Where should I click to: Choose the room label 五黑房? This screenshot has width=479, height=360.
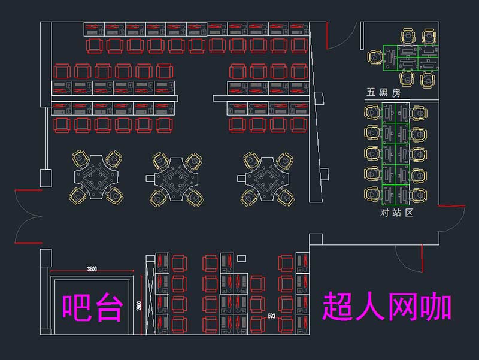click(383, 93)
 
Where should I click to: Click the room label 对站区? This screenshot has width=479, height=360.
click(397, 213)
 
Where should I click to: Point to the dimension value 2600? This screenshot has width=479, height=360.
click(138, 306)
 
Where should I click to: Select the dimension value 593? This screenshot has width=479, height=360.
click(271, 315)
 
